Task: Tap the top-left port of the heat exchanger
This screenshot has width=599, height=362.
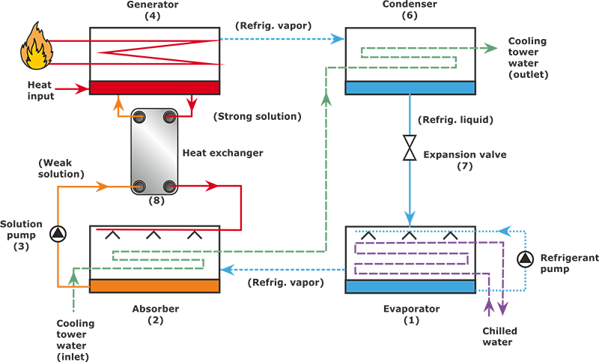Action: click(140, 117)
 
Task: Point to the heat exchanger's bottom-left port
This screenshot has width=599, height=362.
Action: click(140, 186)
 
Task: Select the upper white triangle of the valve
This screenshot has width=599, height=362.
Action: click(409, 142)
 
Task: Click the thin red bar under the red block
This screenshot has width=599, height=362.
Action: click(154, 88)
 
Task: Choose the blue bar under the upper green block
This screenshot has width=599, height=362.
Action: click(410, 88)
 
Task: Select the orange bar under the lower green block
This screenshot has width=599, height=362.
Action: click(154, 286)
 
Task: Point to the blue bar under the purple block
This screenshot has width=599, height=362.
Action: click(410, 286)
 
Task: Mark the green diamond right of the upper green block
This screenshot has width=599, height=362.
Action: click(490, 49)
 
